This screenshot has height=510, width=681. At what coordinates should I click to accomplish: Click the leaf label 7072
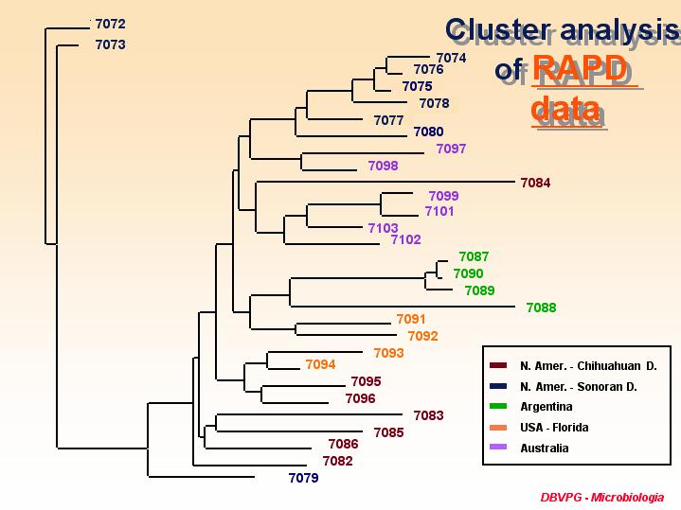(x=110, y=24)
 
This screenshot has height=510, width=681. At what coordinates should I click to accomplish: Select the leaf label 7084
(x=535, y=183)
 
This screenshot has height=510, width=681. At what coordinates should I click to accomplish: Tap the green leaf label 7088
(x=541, y=308)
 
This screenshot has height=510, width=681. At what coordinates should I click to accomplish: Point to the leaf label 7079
(x=304, y=478)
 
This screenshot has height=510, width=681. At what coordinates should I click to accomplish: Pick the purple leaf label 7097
(x=451, y=149)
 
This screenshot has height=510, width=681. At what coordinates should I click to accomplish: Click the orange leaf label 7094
(x=320, y=364)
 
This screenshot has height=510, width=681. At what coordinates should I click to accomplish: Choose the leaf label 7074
(x=451, y=58)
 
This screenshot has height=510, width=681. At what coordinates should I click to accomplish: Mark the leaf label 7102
(x=405, y=239)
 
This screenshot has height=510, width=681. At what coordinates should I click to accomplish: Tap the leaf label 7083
(x=429, y=415)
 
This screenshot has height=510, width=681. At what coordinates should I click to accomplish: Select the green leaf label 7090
(x=468, y=273)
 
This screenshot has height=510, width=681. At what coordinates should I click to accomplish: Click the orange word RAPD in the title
(x=581, y=69)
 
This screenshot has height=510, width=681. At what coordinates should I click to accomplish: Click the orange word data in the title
(x=565, y=109)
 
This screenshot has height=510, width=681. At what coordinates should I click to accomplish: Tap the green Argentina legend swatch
(x=498, y=406)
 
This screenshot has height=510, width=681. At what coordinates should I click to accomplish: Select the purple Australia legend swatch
(x=498, y=447)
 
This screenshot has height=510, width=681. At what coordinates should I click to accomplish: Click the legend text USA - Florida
(x=554, y=428)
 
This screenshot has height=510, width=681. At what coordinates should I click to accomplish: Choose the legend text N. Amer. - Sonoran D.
(x=579, y=387)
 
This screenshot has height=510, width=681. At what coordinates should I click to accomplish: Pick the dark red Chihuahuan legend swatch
(x=498, y=365)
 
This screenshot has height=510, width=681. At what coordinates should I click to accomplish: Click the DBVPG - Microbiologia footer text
(x=602, y=498)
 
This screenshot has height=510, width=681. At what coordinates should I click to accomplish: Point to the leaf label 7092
(x=423, y=336)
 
